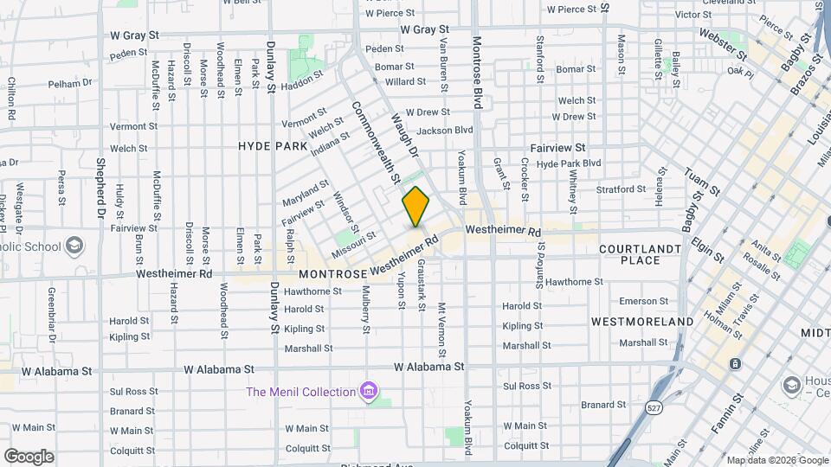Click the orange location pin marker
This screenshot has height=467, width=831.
416,207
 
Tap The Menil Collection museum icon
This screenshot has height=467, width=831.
370,392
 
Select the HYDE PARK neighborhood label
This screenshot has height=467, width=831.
273,146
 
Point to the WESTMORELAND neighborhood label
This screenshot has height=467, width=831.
642,321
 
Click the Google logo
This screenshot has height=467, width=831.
29,456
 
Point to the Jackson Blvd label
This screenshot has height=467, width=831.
445,131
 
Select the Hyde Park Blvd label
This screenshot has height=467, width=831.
569,163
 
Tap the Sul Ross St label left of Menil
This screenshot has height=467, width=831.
132,391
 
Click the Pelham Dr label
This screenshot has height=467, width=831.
70,83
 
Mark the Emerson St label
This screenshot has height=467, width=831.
638,301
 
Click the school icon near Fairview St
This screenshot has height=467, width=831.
74,245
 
